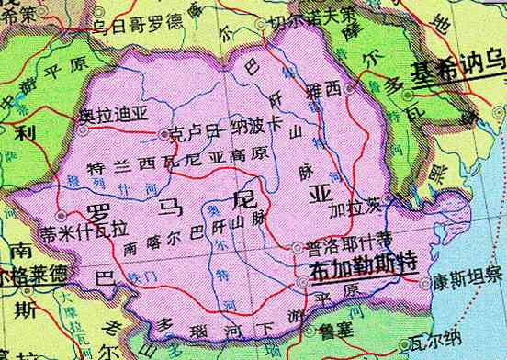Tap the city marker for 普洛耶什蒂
297,247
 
